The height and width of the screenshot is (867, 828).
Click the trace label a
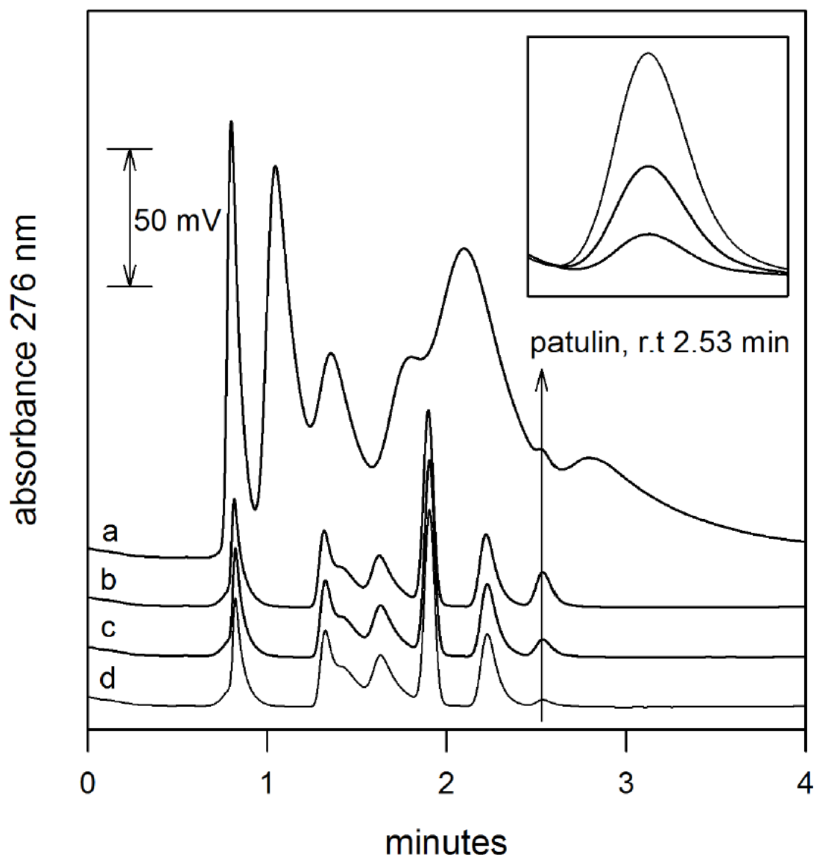click(x=110, y=533)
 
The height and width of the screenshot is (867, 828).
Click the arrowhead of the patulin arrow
click(x=542, y=375)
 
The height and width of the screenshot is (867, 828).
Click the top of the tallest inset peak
click(x=648, y=53)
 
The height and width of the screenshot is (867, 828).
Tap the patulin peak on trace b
click(x=542, y=573)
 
